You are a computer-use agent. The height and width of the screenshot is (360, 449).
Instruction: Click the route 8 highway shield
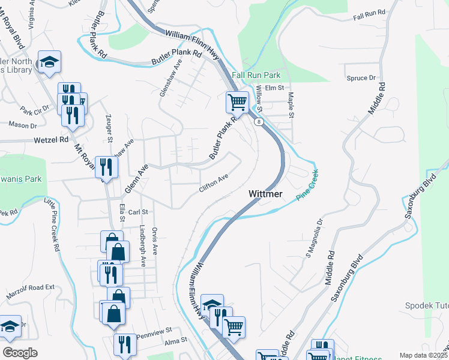point(258,122)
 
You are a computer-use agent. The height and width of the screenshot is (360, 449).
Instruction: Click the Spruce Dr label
point(361,78)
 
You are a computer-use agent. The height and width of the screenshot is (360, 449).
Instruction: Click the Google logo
point(20,353)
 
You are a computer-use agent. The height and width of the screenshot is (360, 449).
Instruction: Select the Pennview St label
point(154,330)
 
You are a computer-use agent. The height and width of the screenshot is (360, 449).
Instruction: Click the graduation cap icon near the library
point(49,61)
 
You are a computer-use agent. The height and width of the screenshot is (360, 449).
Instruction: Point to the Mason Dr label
point(23,125)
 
